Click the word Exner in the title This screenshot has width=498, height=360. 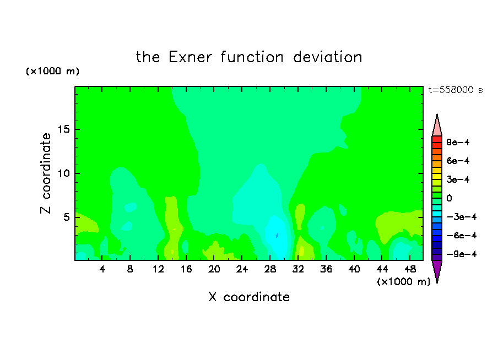(190, 57)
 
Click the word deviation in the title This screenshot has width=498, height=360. (327, 57)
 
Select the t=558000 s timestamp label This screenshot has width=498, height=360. (456, 90)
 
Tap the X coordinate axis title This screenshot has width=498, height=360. (249, 297)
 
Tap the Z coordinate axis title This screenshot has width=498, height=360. (46, 173)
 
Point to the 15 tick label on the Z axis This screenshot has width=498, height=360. (63, 129)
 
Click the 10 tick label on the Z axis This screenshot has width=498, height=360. (63, 173)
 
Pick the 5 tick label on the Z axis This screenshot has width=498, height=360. (67, 217)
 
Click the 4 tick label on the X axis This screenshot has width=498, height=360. (102, 269)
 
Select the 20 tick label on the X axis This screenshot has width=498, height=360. (214, 269)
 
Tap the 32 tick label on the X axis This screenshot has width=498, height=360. (298, 269)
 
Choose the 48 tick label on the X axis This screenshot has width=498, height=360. (410, 269)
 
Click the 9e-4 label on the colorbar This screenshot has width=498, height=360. (458, 142)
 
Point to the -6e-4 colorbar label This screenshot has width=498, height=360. (462, 236)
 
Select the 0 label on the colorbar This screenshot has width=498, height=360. (449, 198)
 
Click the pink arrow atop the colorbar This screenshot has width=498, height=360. (437, 126)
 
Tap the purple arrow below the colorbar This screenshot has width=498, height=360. (437, 270)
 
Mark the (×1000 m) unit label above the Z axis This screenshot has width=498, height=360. (52, 71)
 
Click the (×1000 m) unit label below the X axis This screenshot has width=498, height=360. (403, 282)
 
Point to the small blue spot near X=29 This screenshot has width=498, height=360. (277, 235)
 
